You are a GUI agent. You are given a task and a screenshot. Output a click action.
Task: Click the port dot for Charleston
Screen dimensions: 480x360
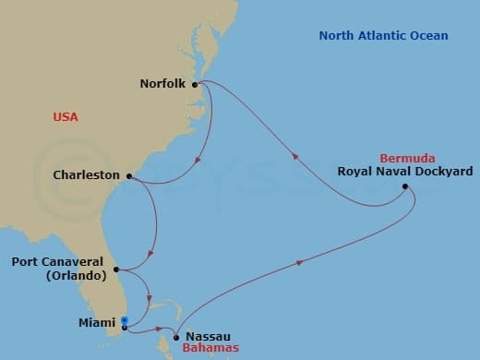(x=128, y=175)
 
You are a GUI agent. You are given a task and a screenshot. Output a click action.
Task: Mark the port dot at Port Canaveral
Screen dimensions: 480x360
(x=115, y=270)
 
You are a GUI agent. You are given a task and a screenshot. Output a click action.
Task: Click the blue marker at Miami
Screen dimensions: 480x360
(x=125, y=322)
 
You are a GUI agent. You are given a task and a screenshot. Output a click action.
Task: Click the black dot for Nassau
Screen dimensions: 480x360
(x=174, y=336)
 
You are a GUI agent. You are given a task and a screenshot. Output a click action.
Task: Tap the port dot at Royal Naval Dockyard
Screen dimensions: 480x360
(x=404, y=187)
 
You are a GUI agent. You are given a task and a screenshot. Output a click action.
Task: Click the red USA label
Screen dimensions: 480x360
(x=66, y=117)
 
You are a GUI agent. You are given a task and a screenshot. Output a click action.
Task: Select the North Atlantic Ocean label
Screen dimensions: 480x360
(x=383, y=36)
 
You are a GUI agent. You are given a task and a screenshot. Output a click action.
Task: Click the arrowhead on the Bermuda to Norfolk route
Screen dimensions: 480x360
(x=294, y=157)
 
